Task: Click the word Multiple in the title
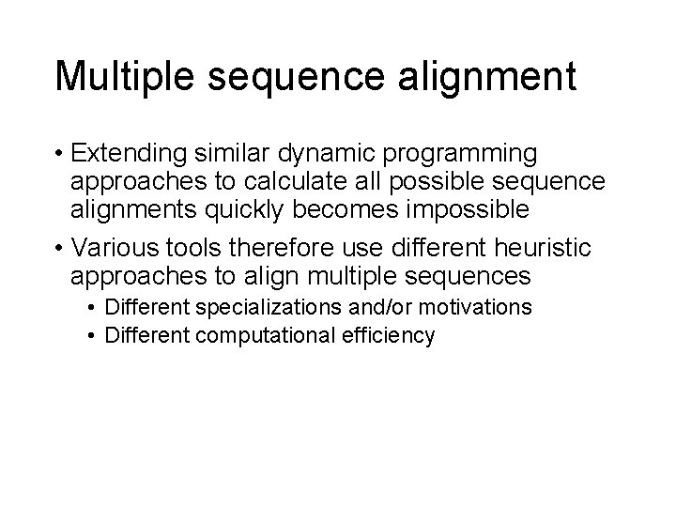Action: click(x=122, y=76)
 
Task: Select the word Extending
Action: click(x=131, y=153)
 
